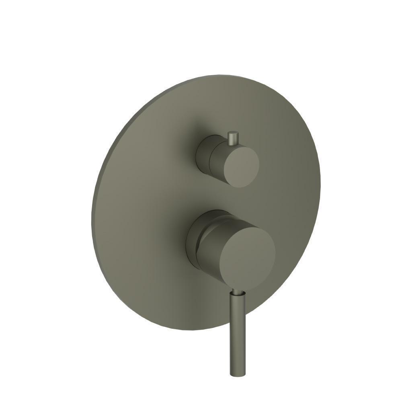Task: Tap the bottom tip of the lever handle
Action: coord(237,375)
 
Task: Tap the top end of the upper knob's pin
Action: coord(233,132)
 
